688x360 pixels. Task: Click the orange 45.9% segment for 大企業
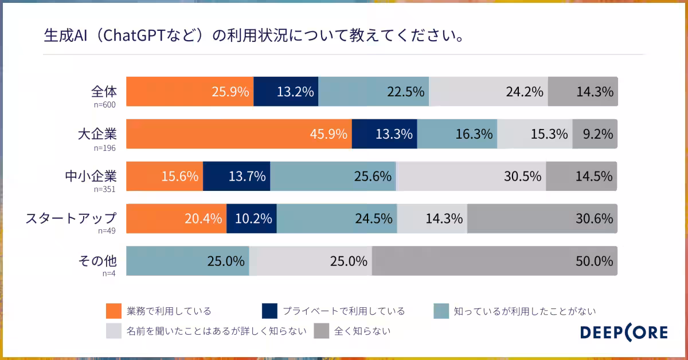pos(239,134)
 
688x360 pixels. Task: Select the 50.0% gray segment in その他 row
pos(495,261)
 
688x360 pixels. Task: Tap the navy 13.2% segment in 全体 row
pos(286,92)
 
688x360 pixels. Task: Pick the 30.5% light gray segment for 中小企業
pos(471,177)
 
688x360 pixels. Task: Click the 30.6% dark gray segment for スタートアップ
pos(542,218)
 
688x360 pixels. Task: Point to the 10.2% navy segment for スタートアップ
pos(252,218)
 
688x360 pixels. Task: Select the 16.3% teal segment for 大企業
pos(457,134)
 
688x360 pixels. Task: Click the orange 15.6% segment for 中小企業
pos(165,177)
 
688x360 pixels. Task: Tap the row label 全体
pos(104,92)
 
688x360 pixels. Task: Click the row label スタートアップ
pos(71,218)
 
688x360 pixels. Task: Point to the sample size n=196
pos(105,148)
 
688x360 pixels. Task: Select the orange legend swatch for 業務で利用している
pos(114,311)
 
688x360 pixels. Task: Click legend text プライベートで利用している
pos(343,311)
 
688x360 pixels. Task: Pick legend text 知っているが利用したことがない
pos(525,311)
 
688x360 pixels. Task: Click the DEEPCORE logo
pos(624,332)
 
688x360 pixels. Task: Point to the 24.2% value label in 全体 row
pos(524,92)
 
